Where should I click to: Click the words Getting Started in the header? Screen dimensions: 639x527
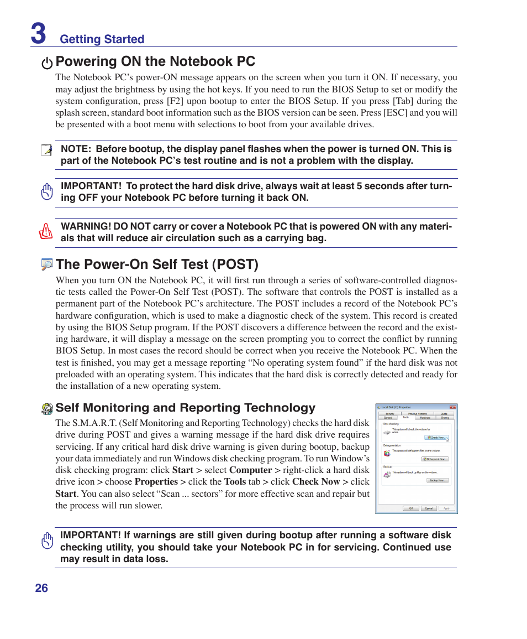pyautogui.click(x=102, y=39)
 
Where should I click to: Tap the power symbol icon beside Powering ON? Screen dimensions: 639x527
pyautogui.click(x=48, y=63)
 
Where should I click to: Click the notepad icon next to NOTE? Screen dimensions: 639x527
pyautogui.click(x=46, y=150)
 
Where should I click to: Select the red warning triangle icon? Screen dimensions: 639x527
pyautogui.click(x=46, y=231)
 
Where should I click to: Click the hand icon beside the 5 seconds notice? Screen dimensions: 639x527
pyautogui.click(x=47, y=191)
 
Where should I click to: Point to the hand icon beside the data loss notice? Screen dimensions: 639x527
pyautogui.click(x=47, y=541)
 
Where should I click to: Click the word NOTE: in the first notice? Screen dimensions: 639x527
pyautogui.click(x=75, y=149)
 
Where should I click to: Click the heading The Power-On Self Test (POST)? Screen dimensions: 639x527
pyautogui.click(x=157, y=264)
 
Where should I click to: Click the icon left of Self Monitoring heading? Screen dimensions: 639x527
pyautogui.click(x=47, y=409)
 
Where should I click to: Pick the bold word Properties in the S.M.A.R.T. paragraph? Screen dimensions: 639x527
pyautogui.click(x=156, y=481)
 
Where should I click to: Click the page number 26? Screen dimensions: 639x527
pyautogui.click(x=41, y=588)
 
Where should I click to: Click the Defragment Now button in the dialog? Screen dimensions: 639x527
pyautogui.click(x=435, y=459)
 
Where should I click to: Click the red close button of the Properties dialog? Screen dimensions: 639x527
pyautogui.click(x=452, y=407)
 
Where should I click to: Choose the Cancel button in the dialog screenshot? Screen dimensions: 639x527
pyautogui.click(x=428, y=508)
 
